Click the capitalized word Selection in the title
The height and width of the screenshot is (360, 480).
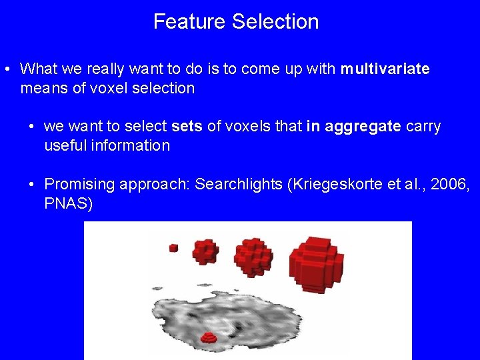point(275,21)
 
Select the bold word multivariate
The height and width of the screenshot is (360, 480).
point(385,69)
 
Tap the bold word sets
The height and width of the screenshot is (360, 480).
point(186,127)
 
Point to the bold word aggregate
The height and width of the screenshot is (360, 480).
point(363,127)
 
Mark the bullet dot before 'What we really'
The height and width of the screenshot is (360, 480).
point(5,69)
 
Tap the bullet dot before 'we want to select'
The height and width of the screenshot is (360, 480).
point(31,127)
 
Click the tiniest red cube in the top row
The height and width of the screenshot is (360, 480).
point(173,247)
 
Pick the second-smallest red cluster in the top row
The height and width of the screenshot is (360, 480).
point(205,252)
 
